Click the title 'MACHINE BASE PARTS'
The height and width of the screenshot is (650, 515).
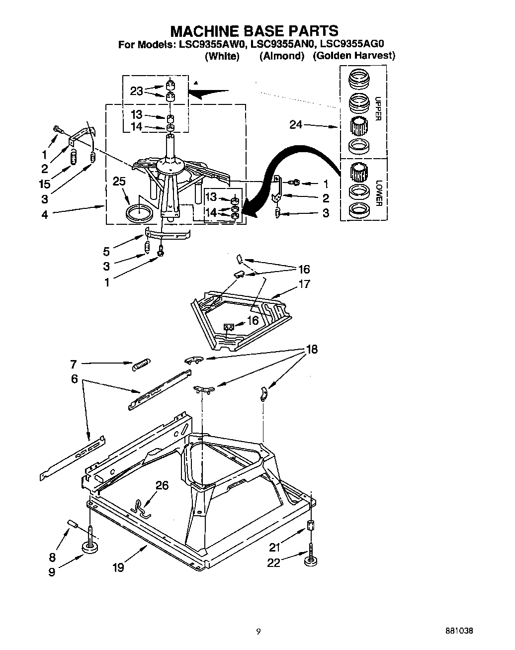254,31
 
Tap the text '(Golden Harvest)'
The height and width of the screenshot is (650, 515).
353,56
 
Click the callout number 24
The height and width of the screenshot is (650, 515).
296,125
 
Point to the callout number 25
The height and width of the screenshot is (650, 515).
119,182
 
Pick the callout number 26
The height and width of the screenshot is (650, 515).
162,485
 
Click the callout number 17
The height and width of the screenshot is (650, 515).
304,284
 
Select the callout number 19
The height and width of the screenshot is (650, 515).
118,566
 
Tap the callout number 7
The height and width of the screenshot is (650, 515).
73,365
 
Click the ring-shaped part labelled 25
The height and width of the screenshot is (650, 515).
139,214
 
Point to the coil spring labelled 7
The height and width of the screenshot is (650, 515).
142,364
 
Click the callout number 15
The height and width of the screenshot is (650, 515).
45,184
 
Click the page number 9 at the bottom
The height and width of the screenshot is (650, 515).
258,632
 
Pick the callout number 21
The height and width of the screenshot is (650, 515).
274,547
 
